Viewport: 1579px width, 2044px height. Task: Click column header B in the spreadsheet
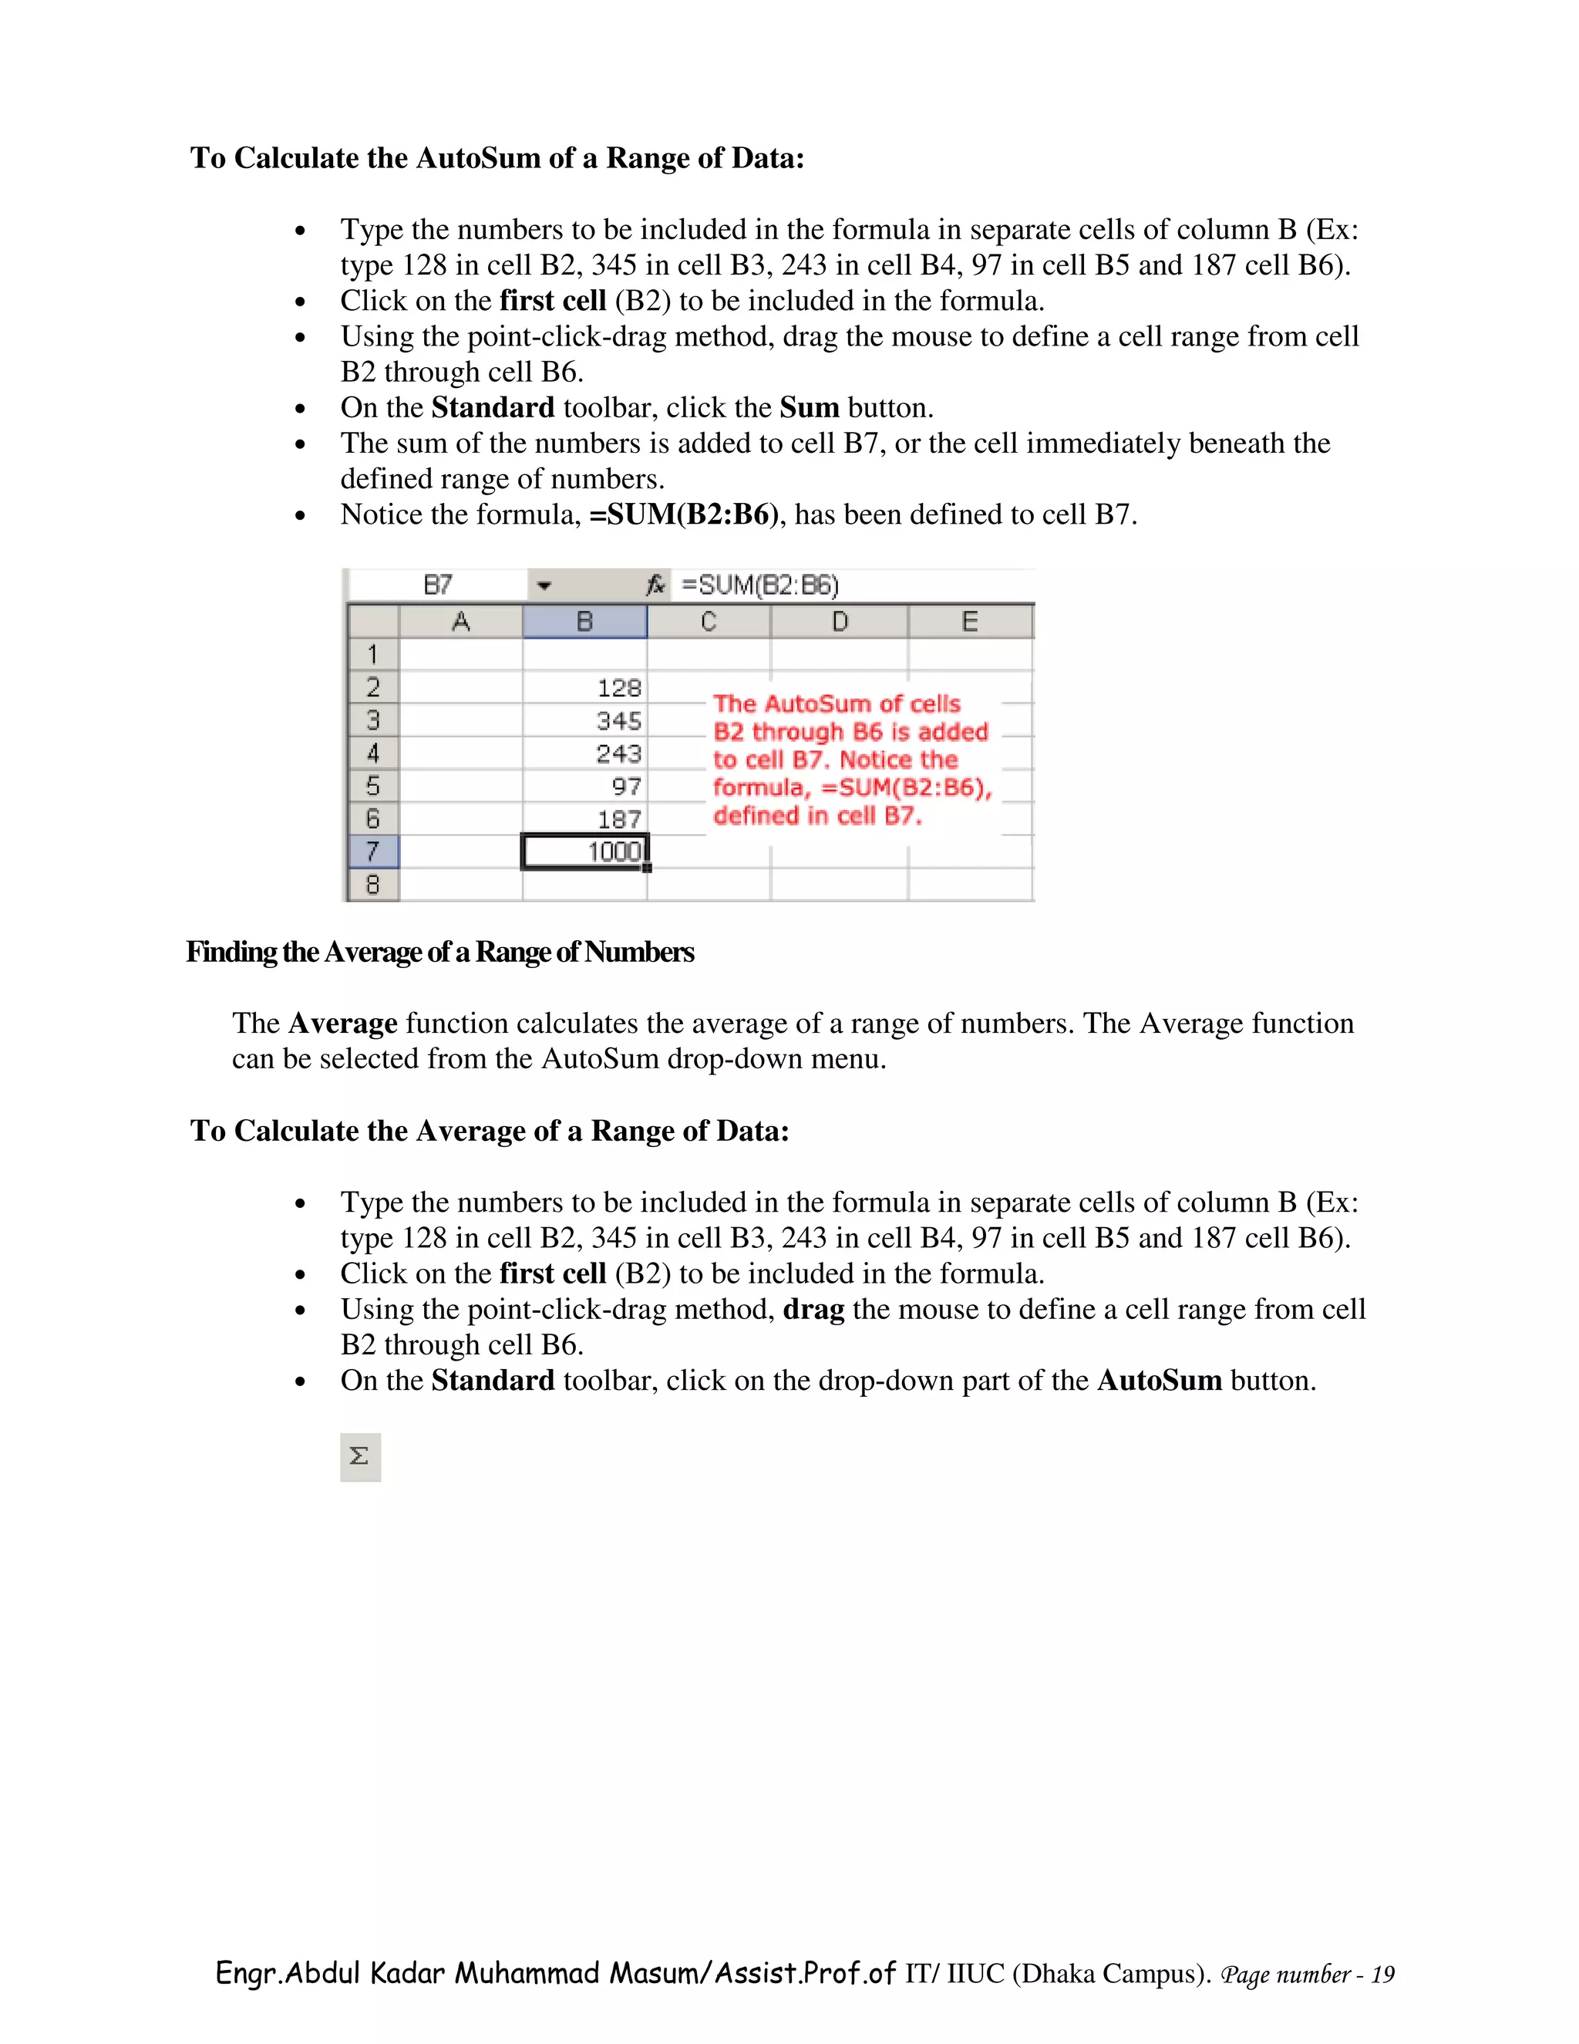pos(584,622)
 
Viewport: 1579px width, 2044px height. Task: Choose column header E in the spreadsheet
pos(970,622)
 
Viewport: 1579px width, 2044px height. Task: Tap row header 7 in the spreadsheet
pos(372,852)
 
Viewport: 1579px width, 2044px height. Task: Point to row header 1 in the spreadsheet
pos(372,654)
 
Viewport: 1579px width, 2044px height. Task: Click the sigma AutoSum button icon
pos(359,1456)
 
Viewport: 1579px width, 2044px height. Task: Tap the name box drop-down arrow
pos(544,587)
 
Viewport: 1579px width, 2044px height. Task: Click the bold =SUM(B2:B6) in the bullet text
pos(683,514)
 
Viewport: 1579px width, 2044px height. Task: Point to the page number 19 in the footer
pos(1382,1975)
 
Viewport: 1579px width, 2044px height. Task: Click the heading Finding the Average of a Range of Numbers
pos(439,952)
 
